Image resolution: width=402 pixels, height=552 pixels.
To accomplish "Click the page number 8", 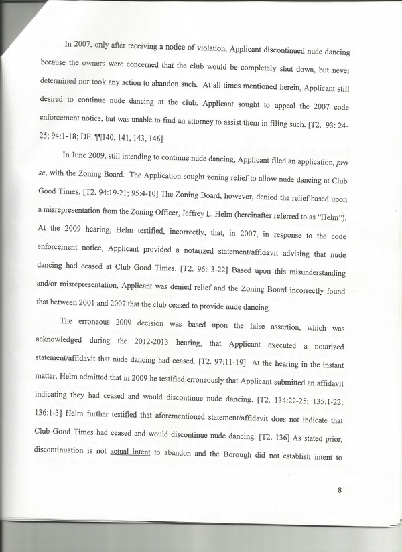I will [x=340, y=490].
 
